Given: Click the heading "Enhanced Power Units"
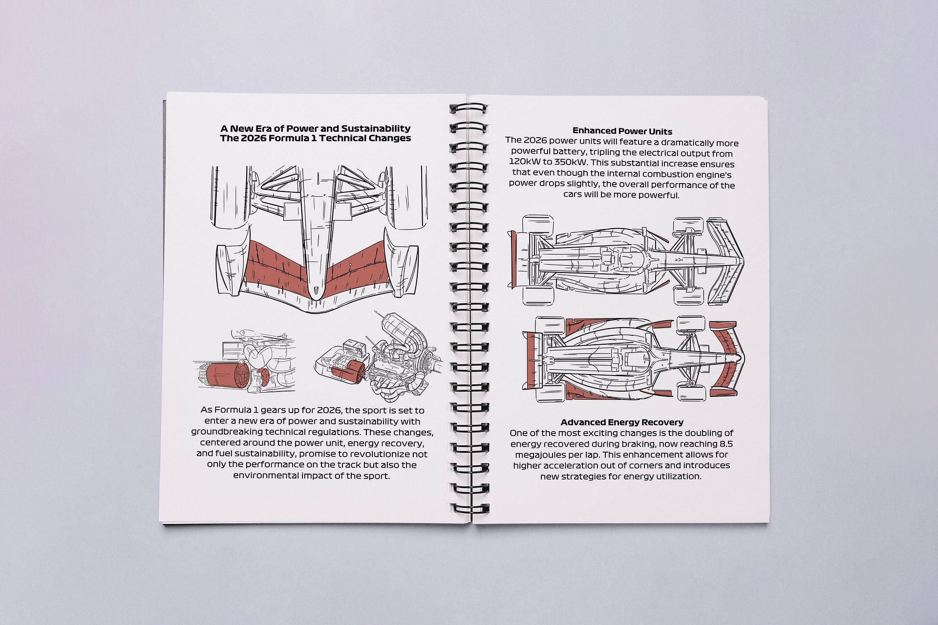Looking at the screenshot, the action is (x=622, y=131).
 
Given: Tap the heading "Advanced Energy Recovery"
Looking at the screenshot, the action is (x=622, y=422).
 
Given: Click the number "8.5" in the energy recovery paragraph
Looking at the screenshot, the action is (x=726, y=444).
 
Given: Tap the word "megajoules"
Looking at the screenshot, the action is (x=535, y=455).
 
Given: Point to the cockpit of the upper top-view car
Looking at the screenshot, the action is (x=625, y=260).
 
